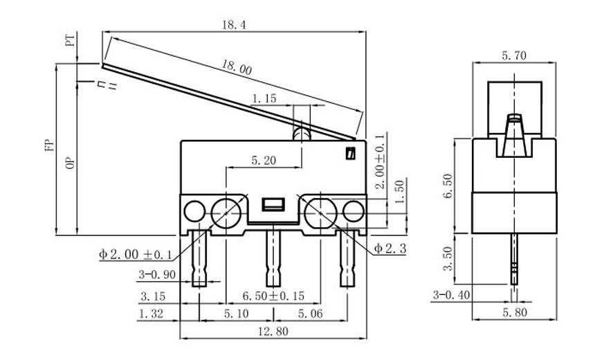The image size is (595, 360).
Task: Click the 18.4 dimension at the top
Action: pyautogui.click(x=234, y=24)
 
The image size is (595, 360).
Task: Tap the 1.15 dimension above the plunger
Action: pyautogui.click(x=264, y=100)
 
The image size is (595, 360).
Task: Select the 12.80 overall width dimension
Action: pyautogui.click(x=271, y=332)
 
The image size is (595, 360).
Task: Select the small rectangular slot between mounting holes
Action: pyautogui.click(x=272, y=204)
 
